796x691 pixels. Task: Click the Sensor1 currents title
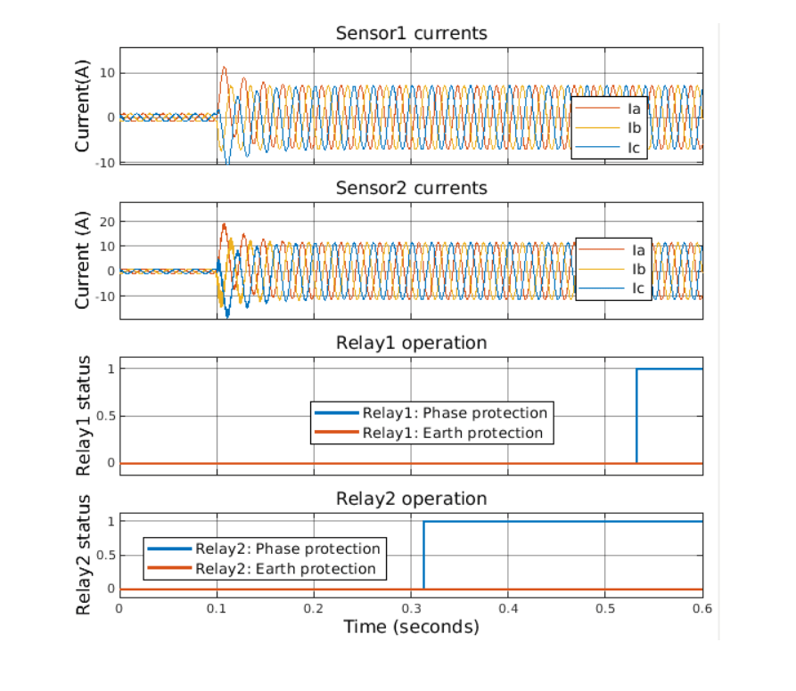coord(411,34)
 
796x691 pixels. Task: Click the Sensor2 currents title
coord(411,188)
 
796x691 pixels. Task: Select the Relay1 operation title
coord(411,343)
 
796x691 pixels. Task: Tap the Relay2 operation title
coord(411,498)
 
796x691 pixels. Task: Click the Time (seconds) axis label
coord(411,627)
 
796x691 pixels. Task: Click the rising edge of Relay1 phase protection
coord(636,416)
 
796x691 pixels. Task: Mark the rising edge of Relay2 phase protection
coord(423,554)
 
